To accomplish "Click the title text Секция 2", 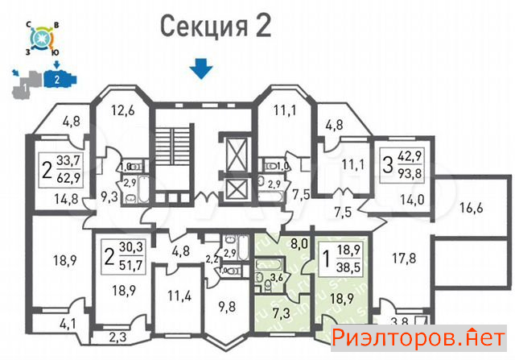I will [x=216, y=26].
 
